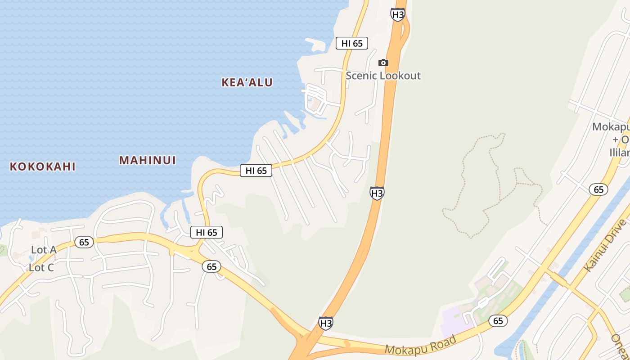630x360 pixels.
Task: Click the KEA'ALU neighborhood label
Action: click(x=247, y=82)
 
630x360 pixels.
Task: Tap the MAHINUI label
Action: click(x=147, y=160)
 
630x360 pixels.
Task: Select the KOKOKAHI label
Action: click(x=42, y=166)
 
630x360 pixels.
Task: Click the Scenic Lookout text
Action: click(x=383, y=76)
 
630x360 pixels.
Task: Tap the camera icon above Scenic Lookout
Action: click(x=383, y=63)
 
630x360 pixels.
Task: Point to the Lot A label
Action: click(x=44, y=250)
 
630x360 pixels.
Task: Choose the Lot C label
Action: click(x=41, y=268)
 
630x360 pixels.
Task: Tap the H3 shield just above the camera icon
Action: click(x=397, y=14)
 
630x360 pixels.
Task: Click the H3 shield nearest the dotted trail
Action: click(x=377, y=193)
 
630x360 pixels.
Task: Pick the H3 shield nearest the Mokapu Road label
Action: click(x=326, y=323)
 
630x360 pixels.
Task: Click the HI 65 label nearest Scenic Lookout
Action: click(x=352, y=43)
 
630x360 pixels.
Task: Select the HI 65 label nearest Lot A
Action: click(x=207, y=232)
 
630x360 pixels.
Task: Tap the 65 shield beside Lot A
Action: click(x=84, y=242)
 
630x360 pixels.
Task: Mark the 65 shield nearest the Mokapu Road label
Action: click(x=498, y=321)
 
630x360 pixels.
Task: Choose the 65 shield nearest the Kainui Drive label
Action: click(x=598, y=189)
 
